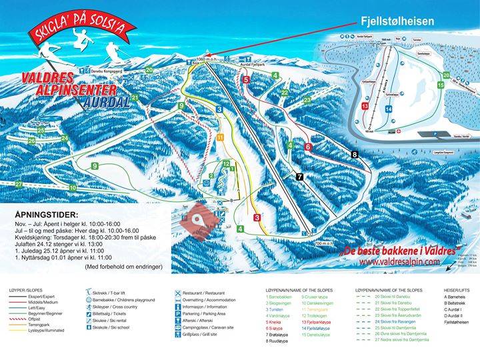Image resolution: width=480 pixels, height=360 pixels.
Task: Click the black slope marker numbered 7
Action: [299, 176]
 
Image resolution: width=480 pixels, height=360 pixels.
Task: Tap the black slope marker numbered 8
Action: [355, 154]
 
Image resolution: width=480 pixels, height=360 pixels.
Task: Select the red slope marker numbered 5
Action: [246, 80]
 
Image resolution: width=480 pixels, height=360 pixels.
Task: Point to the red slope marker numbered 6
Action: [308, 147]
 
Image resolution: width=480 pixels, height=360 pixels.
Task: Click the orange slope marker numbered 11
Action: [220, 137]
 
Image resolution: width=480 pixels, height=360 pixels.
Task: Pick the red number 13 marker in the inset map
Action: [365, 106]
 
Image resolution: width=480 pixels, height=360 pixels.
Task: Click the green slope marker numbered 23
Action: [307, 100]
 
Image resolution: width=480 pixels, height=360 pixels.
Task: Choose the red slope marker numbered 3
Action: [257, 217]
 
